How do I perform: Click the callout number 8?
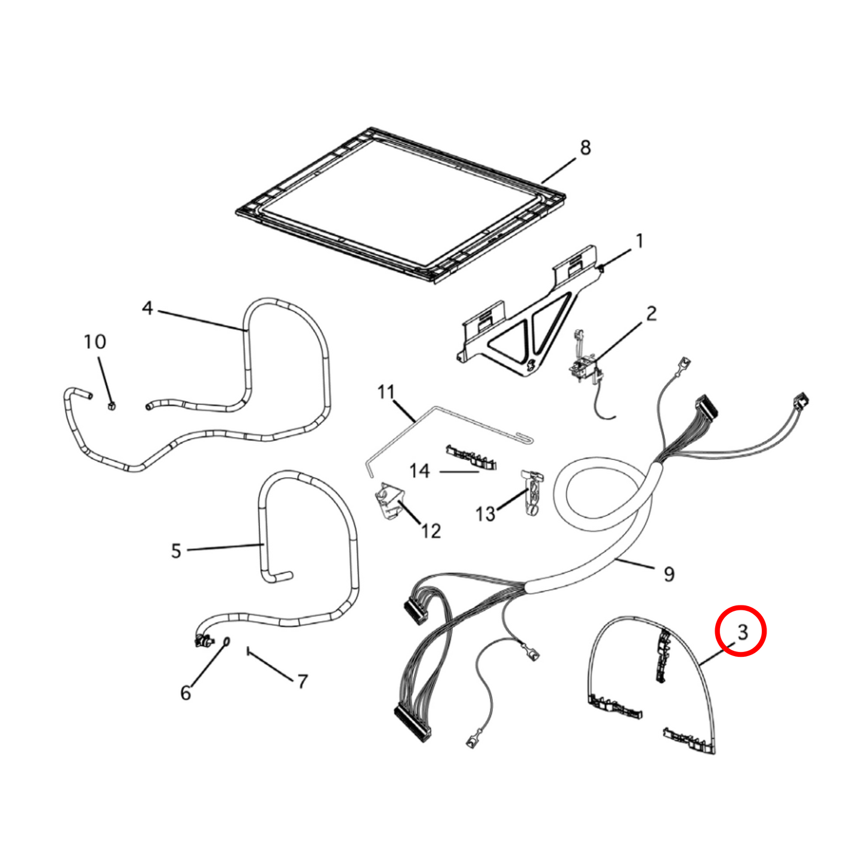585,147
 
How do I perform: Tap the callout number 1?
639,241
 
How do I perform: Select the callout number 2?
651,313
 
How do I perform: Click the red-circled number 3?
743,632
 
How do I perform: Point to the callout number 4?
147,308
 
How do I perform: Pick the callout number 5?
176,551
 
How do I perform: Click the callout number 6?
186,693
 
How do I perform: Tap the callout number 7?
303,682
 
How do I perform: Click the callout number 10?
95,342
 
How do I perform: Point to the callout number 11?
386,392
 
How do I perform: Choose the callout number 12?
430,531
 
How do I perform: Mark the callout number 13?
486,514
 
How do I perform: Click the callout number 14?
419,471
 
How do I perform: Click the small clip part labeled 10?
112,406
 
